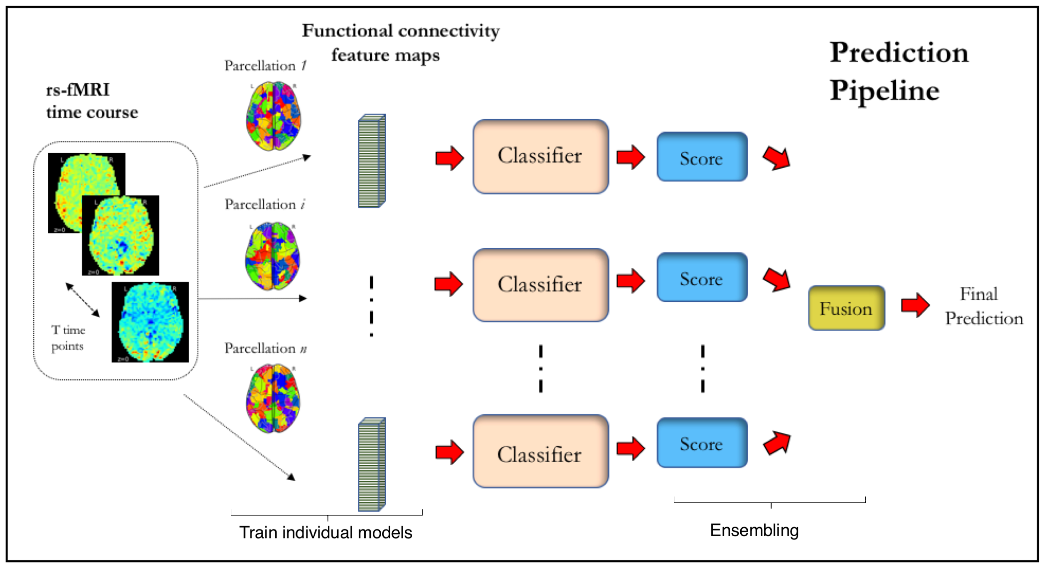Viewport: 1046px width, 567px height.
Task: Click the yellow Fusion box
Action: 847,308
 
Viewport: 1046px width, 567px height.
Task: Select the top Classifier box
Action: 541,156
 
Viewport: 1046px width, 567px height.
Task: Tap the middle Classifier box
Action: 541,285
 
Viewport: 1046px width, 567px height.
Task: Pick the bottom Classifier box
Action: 541,451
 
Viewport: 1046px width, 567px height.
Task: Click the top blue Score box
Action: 702,157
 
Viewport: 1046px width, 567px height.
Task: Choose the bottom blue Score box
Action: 702,443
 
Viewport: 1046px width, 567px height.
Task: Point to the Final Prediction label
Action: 984,306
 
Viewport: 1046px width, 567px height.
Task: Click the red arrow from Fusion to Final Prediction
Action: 915,305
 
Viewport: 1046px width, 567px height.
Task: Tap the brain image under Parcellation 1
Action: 273,116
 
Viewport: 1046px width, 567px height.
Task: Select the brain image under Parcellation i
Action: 273,256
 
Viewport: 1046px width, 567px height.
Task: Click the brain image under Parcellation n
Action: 273,398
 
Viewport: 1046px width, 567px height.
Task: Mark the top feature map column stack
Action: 372,160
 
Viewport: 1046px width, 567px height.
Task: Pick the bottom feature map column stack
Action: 372,465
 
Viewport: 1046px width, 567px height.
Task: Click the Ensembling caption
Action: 754,531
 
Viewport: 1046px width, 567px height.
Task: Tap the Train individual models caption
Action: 325,532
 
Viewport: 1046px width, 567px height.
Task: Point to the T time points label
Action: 68,338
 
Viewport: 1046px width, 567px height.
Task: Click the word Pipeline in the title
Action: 884,90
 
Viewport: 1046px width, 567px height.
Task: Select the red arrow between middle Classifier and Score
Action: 631,281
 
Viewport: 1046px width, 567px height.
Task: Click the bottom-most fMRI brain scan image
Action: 150,322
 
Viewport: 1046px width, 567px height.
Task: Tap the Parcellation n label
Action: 265,348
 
